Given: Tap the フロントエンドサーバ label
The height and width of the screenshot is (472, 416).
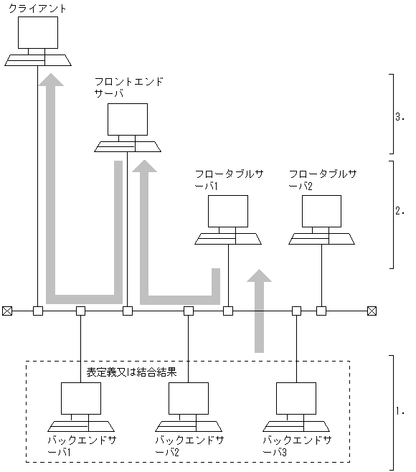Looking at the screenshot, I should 129,88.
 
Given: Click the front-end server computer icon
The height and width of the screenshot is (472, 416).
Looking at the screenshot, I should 128,127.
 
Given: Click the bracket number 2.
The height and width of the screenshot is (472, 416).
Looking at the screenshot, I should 401,212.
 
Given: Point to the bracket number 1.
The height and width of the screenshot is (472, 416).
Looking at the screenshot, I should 401,412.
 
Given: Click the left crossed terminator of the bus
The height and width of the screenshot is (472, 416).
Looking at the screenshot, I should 7,311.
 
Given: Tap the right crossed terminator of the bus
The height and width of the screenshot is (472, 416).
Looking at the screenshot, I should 372,311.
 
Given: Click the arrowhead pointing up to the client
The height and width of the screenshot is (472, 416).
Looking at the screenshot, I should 51,80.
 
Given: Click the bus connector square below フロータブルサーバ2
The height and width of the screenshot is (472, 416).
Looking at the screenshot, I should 321,311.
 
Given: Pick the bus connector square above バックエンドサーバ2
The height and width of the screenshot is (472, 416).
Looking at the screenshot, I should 188,311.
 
